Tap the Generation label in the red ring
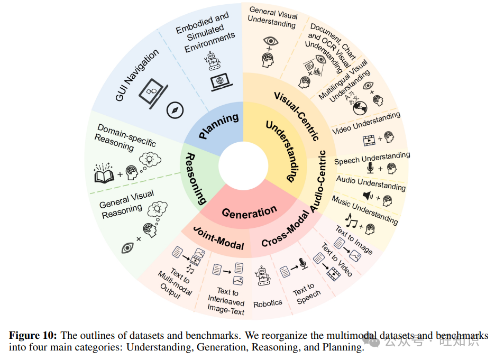click(249, 213)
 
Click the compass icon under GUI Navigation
click(175, 109)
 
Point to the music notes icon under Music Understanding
click(350, 219)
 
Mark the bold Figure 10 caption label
click(34, 336)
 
